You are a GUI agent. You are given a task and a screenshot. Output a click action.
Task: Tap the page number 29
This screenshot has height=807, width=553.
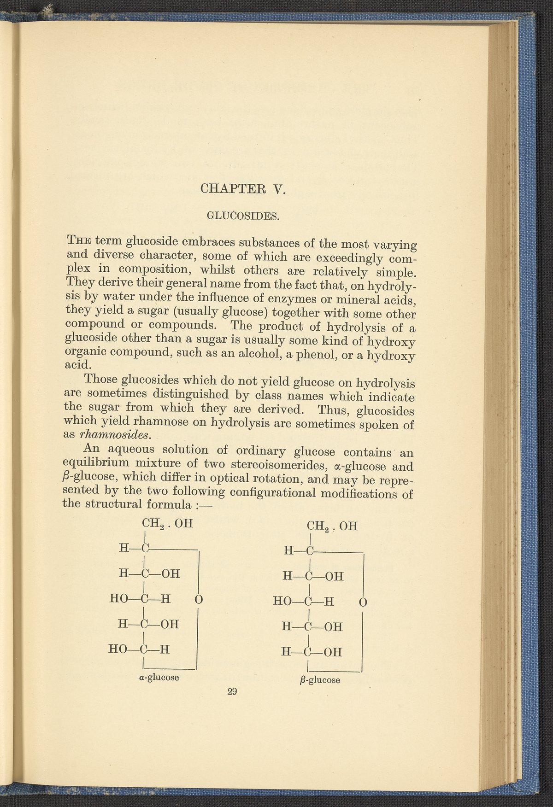232,691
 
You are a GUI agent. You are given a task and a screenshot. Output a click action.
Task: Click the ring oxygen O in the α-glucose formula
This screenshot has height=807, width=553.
199,600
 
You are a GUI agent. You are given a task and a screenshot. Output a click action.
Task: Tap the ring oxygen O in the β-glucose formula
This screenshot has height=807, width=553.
363,602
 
